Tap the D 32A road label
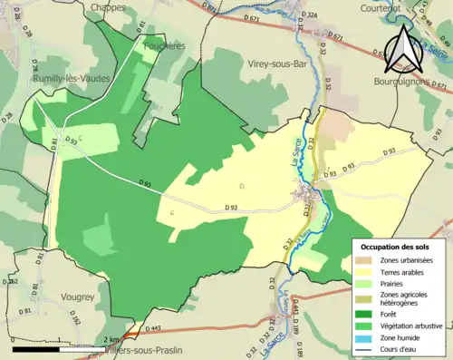click(x=312, y=15)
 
